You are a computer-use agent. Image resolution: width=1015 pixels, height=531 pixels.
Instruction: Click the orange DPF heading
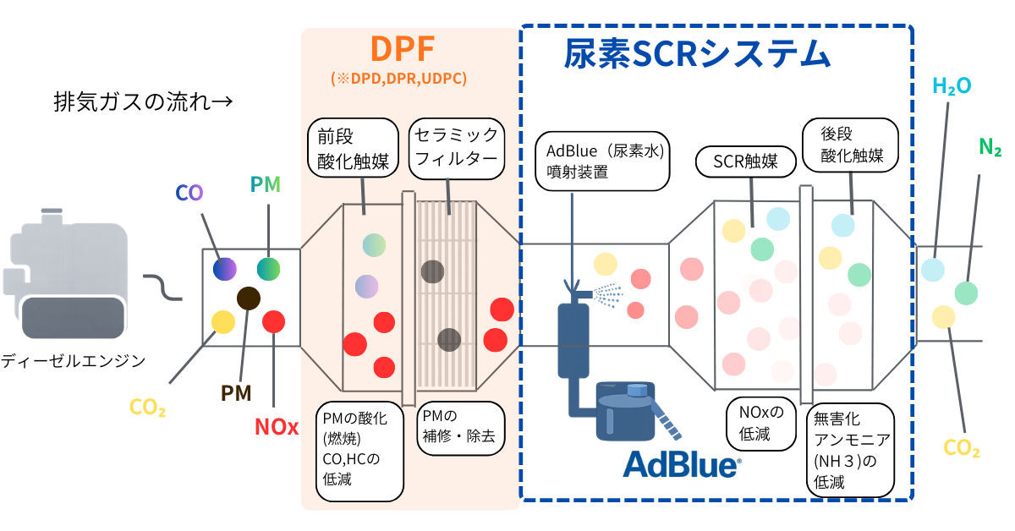(x=403, y=52)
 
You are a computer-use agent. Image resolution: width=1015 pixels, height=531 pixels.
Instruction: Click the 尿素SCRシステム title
(x=697, y=53)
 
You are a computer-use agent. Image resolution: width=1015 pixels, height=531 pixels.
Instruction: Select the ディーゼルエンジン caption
(x=73, y=361)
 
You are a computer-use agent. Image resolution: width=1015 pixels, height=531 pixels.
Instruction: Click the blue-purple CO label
(x=189, y=192)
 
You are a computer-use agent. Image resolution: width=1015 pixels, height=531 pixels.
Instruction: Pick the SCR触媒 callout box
(x=745, y=161)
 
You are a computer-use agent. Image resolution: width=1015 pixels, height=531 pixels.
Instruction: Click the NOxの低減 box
(x=761, y=424)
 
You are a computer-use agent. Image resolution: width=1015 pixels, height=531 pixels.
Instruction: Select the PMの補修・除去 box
(x=461, y=427)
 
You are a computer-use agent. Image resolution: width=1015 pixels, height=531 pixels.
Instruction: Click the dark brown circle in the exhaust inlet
(x=249, y=298)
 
